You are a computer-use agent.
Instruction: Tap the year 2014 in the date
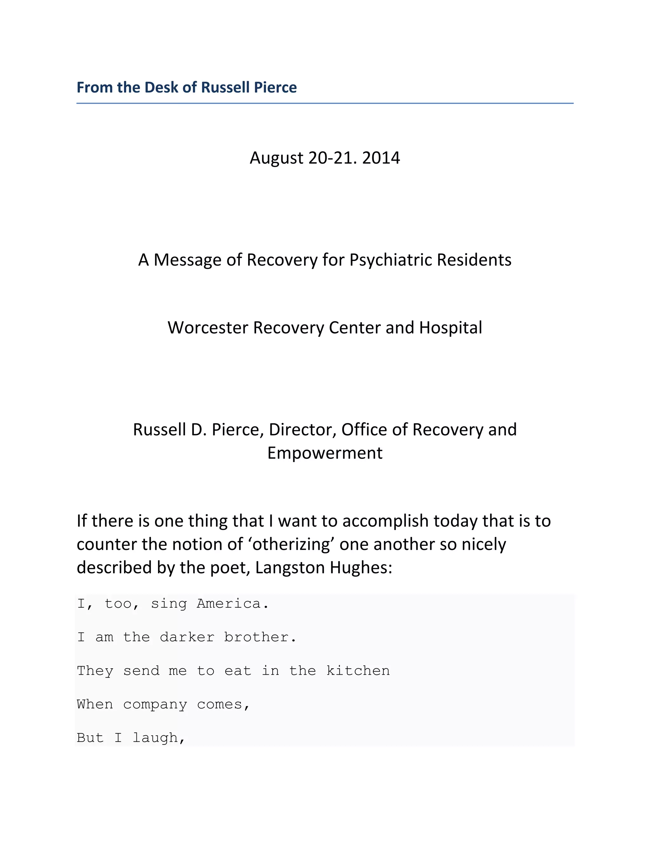381,158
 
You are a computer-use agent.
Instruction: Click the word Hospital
451,328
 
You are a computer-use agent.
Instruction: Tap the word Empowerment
325,453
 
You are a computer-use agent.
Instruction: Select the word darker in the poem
187,637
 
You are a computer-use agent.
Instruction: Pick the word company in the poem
155,705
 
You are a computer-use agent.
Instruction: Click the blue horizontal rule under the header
325,103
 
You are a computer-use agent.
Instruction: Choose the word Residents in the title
474,260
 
